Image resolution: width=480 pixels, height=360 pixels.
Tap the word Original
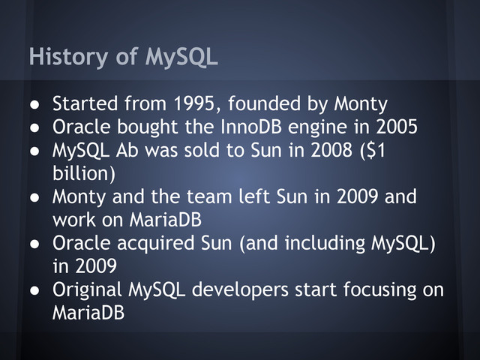pos(88,289)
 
